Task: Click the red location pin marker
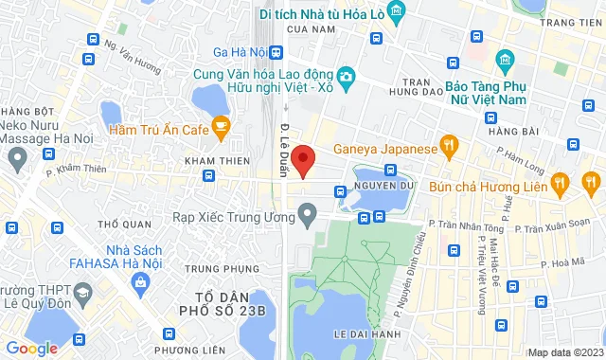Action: coord(302,159)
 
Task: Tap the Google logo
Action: coord(31,349)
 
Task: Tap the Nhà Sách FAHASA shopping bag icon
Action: coord(140,281)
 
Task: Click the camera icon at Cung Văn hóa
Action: coord(348,76)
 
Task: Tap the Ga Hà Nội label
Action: coord(239,50)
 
